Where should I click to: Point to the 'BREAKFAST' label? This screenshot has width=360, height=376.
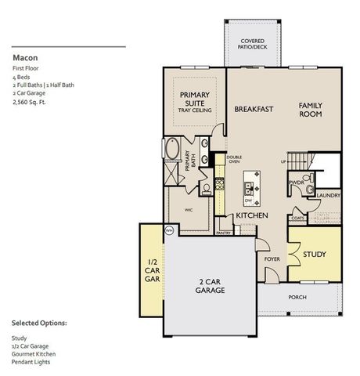[x=254, y=109]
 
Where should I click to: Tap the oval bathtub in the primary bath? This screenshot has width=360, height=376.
[x=171, y=150]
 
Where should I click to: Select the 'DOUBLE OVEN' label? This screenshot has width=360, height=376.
[x=234, y=160]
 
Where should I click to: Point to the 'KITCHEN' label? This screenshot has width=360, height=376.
[x=252, y=215]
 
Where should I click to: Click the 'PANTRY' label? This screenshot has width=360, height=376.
[x=224, y=232]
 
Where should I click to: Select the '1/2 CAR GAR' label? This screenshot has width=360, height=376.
[x=153, y=271]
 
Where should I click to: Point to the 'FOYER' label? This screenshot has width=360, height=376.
[x=272, y=258]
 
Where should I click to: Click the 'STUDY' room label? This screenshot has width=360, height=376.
[x=315, y=255]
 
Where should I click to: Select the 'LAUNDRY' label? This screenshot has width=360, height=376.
[x=328, y=196]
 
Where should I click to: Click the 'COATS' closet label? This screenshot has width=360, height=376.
[x=297, y=219]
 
